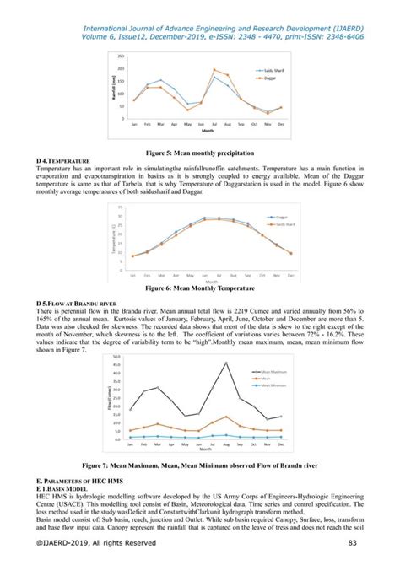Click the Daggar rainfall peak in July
[x=214, y=69]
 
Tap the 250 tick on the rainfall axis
[x=122, y=56]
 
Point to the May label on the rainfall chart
[x=187, y=124]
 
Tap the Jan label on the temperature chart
[x=132, y=277]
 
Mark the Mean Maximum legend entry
[x=256, y=370]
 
